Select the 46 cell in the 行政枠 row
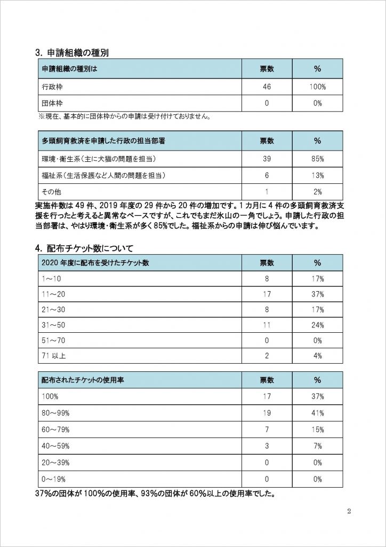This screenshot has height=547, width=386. pos(267,86)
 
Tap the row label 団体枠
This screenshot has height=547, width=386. pos(52,103)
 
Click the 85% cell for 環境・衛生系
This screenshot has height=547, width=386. pos(318,159)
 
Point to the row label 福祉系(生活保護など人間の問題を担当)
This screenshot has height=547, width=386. pos(102,175)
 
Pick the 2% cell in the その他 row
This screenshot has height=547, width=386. pos(318,191)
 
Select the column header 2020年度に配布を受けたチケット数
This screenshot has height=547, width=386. pos(91,263)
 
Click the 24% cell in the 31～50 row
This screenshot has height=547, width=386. pos(318,325)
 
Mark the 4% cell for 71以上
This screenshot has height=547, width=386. pos(318,356)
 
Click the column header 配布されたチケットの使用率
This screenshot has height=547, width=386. pos(84,380)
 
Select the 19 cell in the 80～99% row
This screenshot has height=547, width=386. pos(267,413)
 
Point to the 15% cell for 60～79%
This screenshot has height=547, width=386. pos(318,429)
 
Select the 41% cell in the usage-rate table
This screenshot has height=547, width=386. pos(318,413)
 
